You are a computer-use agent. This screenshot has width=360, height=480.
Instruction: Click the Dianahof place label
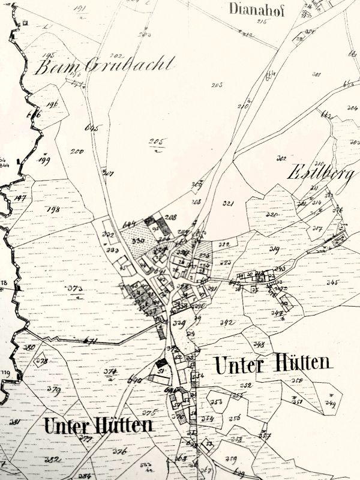[x=256, y=8]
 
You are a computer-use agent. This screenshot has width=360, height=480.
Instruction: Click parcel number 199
[x=44, y=160]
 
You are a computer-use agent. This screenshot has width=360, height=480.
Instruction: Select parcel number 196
[x=52, y=104]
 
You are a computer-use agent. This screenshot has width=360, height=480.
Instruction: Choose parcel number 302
[x=281, y=159]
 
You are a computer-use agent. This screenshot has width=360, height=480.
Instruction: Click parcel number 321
[x=227, y=204]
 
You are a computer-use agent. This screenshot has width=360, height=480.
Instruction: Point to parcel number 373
[x=76, y=289]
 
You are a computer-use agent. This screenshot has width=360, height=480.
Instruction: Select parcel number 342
[x=227, y=323]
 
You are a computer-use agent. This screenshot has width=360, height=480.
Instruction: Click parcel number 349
[x=329, y=403]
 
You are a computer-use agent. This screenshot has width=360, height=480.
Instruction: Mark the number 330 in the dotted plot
[x=138, y=241]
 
